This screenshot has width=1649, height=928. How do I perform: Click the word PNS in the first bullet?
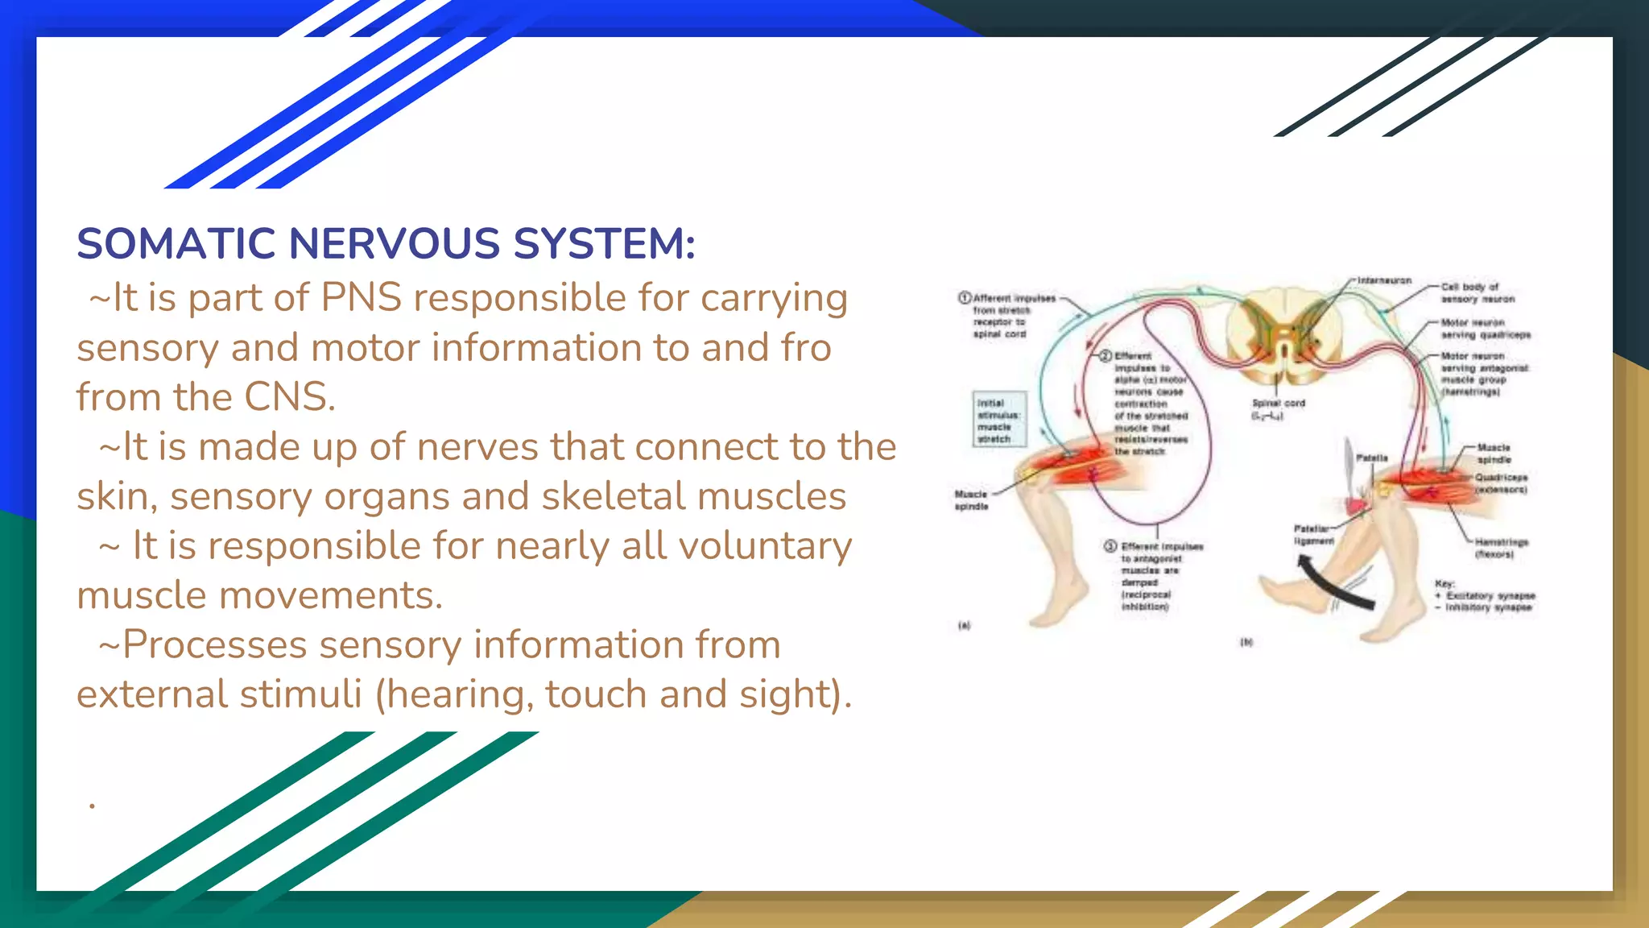tap(361, 298)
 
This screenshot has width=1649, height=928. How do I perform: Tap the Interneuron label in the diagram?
tap(1384, 280)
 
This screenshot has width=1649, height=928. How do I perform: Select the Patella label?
tap(1371, 458)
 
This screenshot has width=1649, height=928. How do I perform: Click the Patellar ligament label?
tap(1312, 535)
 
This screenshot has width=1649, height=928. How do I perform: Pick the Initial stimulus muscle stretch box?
tap(999, 420)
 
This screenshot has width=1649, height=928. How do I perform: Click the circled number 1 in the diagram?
tap(964, 298)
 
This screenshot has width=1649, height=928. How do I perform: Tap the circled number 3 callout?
tap(1110, 546)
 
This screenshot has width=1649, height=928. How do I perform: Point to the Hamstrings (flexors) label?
tap(1500, 548)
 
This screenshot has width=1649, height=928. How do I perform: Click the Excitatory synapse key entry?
tap(1490, 595)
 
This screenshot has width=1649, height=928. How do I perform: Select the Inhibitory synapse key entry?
tap(1487, 607)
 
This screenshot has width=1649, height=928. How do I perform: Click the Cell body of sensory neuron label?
tap(1476, 292)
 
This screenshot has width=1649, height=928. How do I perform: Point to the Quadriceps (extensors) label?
tap(1500, 483)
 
